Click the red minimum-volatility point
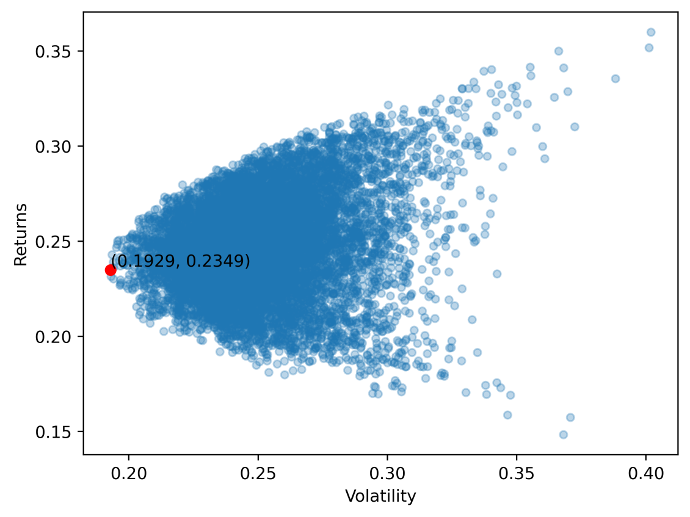tap(111, 270)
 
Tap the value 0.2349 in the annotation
tap(219, 261)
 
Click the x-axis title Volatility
tap(380, 496)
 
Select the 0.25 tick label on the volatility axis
tap(258, 474)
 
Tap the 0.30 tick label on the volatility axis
tap(388, 474)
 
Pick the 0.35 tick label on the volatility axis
tap(517, 474)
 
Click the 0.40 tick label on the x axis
tap(646, 474)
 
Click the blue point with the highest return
tap(651, 32)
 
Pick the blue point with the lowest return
tap(563, 435)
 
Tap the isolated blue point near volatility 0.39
tap(616, 79)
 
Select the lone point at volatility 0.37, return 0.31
tap(575, 127)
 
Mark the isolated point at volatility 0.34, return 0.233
tap(497, 273)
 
